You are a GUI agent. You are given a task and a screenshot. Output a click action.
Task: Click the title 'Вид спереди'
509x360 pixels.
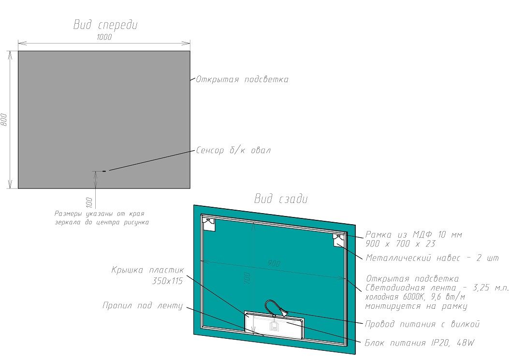pyautogui.click(x=105, y=25)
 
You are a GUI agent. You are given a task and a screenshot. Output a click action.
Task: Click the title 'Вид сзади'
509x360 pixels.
pyautogui.click(x=281, y=199)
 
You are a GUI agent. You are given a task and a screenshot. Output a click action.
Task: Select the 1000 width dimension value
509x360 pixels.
pyautogui.click(x=104, y=37)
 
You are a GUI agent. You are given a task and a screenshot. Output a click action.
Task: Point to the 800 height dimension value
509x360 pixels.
pyautogui.click(x=4, y=119)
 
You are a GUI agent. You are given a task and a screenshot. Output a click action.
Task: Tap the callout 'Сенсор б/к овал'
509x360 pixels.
pyautogui.click(x=233, y=150)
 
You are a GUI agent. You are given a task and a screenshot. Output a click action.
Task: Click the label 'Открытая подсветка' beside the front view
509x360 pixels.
pyautogui.click(x=242, y=79)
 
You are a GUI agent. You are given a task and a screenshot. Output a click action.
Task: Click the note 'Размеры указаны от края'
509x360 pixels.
pyautogui.click(x=100, y=213)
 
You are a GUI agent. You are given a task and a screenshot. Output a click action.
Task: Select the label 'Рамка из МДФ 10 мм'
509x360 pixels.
pyautogui.click(x=414, y=235)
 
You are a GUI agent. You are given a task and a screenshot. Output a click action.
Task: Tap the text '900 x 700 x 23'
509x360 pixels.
pyautogui.click(x=400, y=244)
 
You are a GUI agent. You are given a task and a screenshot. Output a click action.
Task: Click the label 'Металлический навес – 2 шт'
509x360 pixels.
pyautogui.click(x=432, y=258)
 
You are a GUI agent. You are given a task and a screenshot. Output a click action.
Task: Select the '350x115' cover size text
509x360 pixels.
pyautogui.click(x=167, y=281)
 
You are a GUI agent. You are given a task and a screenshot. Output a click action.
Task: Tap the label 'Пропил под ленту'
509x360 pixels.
pyautogui.click(x=143, y=306)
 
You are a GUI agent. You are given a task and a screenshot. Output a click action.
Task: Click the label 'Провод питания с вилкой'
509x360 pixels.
pyautogui.click(x=422, y=324)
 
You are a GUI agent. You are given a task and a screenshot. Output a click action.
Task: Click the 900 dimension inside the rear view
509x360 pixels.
pyautogui.click(x=274, y=263)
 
